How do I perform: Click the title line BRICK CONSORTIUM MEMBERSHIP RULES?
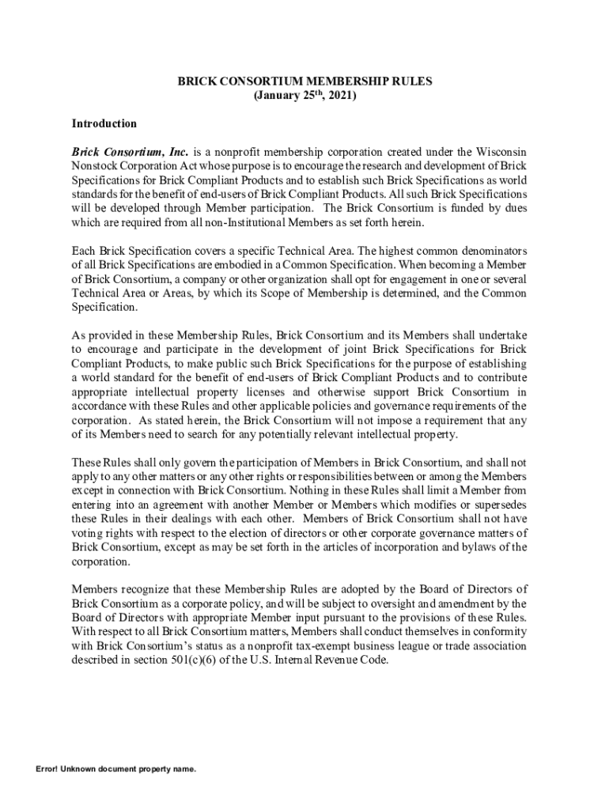coord(304,81)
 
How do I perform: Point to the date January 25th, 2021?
coord(304,96)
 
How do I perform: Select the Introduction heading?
coord(104,123)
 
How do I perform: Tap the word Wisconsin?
coord(502,151)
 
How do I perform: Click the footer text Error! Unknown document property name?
coord(115,769)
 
